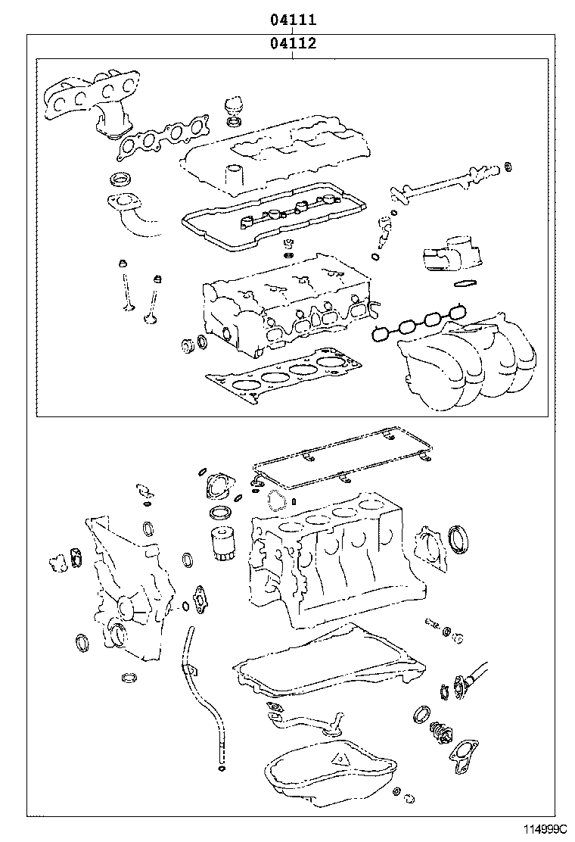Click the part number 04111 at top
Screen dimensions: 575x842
[293, 20]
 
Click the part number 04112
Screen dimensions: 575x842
[293, 42]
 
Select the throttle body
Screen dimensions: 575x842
[449, 252]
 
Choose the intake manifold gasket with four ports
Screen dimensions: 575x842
[418, 323]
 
